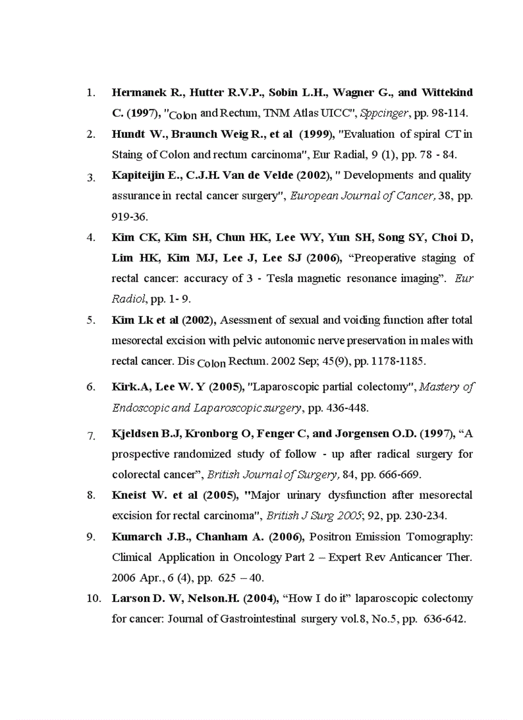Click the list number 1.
91,93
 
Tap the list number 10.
94,599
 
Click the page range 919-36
129,217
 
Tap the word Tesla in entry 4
308,279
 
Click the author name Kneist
130,496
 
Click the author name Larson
130,599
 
